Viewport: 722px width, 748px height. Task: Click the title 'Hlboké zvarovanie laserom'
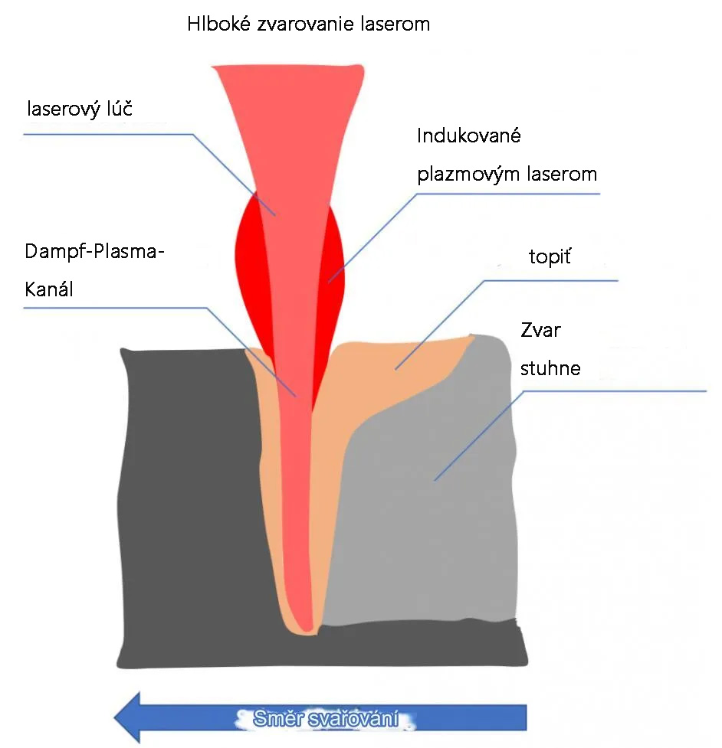coord(308,24)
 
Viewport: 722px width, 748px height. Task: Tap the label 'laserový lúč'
coord(80,109)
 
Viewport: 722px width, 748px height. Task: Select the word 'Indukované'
coord(468,136)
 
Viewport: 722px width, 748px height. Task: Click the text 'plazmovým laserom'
coord(507,174)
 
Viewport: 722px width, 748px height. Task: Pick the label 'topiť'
coord(550,256)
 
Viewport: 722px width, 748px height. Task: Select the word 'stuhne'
coord(550,368)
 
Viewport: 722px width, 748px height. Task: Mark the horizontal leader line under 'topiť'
coord(552,280)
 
